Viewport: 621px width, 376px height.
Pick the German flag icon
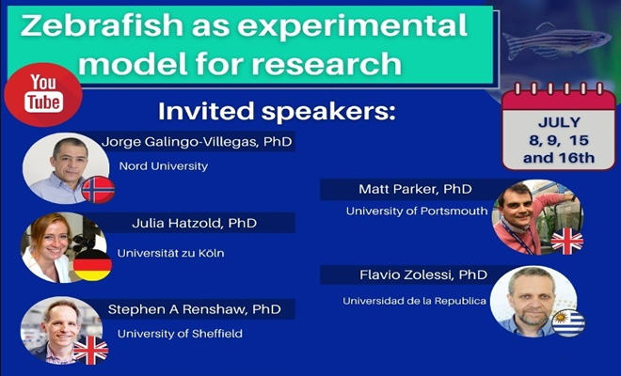[94, 266]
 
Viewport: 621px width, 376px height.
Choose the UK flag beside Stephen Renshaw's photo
[90, 351]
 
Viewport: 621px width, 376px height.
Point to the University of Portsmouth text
[417, 211]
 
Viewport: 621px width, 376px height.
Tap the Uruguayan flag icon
[568, 321]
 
